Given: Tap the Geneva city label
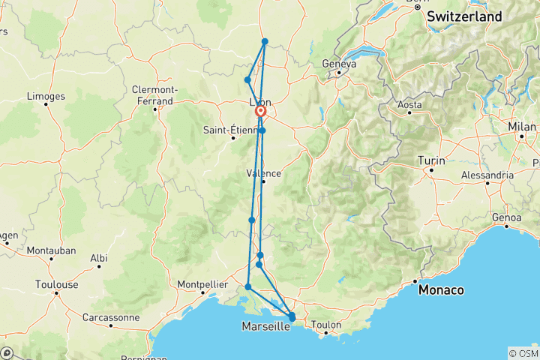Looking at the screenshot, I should click(x=338, y=64).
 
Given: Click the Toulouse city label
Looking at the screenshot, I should click(x=56, y=284).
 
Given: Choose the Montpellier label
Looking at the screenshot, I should click(x=202, y=284).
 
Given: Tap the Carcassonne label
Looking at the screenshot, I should click(x=109, y=317).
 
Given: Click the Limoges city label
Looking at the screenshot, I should click(x=46, y=96).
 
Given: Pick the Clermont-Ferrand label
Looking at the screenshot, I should click(x=153, y=94).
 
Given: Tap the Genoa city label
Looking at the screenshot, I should click(x=507, y=217).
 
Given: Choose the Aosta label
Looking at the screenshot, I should click(x=409, y=105).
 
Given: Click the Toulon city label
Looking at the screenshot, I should click(x=326, y=325).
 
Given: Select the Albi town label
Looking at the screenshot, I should click(x=98, y=257).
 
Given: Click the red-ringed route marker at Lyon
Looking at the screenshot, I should click(x=261, y=112).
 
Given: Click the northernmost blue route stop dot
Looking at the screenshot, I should click(x=265, y=41).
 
